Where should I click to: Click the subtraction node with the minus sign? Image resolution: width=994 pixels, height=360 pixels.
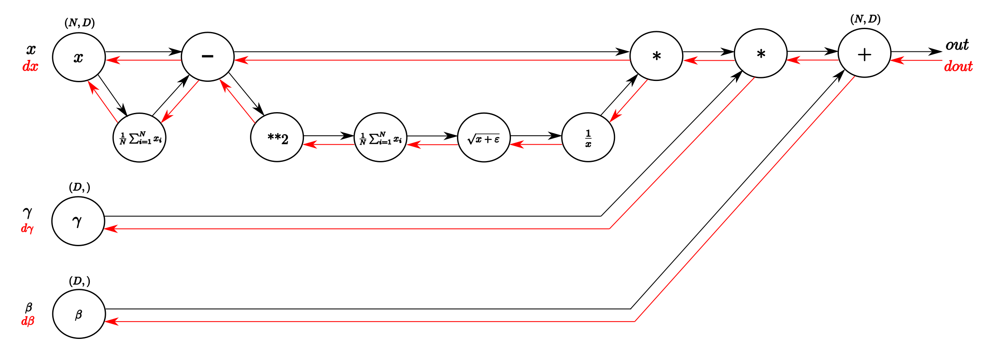207,56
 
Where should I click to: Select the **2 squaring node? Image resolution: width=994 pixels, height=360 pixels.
277,137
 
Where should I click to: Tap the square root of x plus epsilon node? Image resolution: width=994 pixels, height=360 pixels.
484,137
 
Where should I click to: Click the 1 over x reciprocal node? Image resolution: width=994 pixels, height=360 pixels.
588,137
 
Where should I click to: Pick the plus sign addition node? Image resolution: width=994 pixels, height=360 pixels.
864,54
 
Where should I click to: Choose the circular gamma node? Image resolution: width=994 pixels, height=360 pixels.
78,221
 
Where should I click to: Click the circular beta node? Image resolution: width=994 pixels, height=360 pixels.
79,314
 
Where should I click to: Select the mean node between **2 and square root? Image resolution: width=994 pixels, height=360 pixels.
381,137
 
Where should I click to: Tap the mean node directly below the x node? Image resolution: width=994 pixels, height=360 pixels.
140,137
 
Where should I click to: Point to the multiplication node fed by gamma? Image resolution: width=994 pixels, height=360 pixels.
760,54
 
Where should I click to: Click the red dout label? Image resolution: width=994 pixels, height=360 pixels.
958,66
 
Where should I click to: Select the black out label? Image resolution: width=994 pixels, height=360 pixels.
957,45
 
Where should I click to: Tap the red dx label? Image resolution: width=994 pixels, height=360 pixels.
30,67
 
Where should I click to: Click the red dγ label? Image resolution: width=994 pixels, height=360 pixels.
27,228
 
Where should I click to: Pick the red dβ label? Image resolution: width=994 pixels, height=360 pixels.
28,321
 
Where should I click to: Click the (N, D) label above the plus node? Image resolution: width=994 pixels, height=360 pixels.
865,19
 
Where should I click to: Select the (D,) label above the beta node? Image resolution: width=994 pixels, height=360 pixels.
79,281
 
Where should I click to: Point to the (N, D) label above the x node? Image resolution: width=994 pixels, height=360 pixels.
80,23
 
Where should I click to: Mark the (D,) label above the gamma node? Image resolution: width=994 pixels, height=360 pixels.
79,187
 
